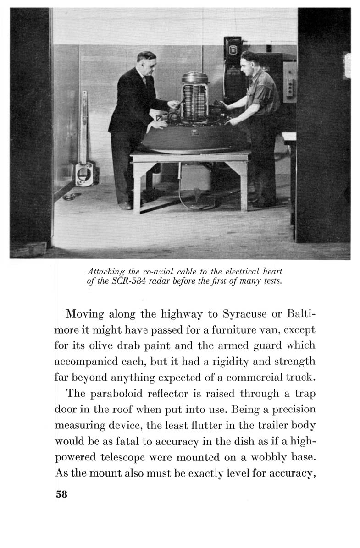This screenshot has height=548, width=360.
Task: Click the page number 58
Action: point(61,494)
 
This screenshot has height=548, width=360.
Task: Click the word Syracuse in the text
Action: point(244,316)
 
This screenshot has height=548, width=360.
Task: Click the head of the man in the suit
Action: point(146,61)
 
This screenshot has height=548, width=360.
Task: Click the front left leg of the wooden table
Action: point(137,188)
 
